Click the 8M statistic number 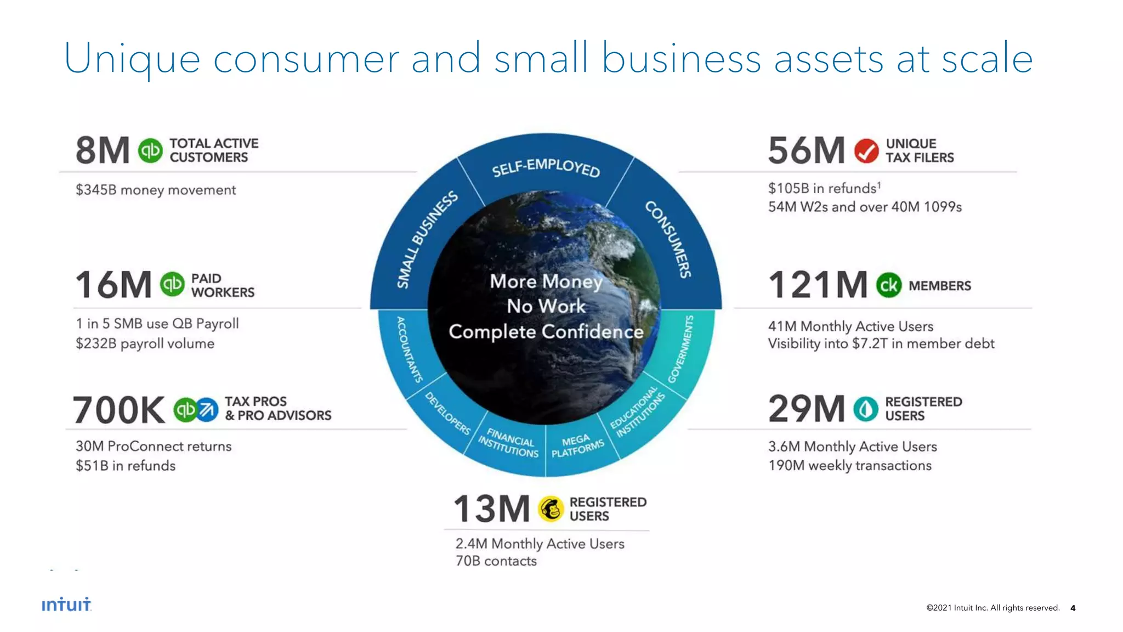pos(103,150)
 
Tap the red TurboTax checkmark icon pos(866,150)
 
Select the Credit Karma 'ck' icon pos(888,285)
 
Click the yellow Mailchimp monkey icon pos(551,509)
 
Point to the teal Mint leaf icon pos(866,409)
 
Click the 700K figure pos(119,410)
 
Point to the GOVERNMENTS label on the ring pos(681,349)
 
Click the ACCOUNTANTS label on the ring pos(409,349)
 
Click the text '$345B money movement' pos(156,190)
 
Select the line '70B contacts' pos(496,561)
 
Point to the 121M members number pos(818,285)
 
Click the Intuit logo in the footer pos(66,605)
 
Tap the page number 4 pos(1073,608)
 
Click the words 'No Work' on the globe pos(546,306)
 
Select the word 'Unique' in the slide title pos(132,59)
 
